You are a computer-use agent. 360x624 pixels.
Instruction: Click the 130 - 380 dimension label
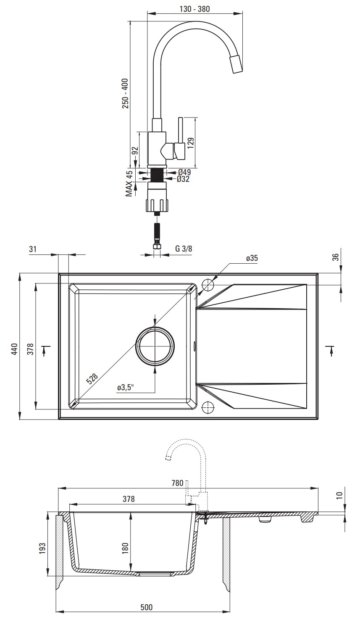[194, 9]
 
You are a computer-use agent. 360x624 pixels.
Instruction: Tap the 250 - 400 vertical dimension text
[125, 93]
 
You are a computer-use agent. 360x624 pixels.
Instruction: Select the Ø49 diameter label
[184, 172]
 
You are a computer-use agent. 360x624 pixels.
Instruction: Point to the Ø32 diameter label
[183, 179]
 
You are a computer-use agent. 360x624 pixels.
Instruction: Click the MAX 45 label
[129, 183]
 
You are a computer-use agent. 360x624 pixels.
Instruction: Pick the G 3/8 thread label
[184, 249]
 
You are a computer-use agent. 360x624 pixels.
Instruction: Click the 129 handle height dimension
[191, 143]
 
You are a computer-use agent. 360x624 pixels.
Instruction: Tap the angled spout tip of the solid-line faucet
[236, 64]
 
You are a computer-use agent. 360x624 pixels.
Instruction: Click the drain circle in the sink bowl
[155, 346]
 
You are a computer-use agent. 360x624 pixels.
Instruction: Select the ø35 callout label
[252, 258]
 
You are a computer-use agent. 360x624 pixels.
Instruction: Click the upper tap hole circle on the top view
[208, 285]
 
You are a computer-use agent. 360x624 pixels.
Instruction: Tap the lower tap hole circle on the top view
[208, 408]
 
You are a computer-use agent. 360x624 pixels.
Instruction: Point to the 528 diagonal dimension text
[92, 379]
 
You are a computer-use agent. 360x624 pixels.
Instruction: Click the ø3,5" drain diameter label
[126, 388]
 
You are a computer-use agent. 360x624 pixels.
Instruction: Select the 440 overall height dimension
[14, 349]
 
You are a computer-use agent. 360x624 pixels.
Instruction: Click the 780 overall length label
[178, 483]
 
